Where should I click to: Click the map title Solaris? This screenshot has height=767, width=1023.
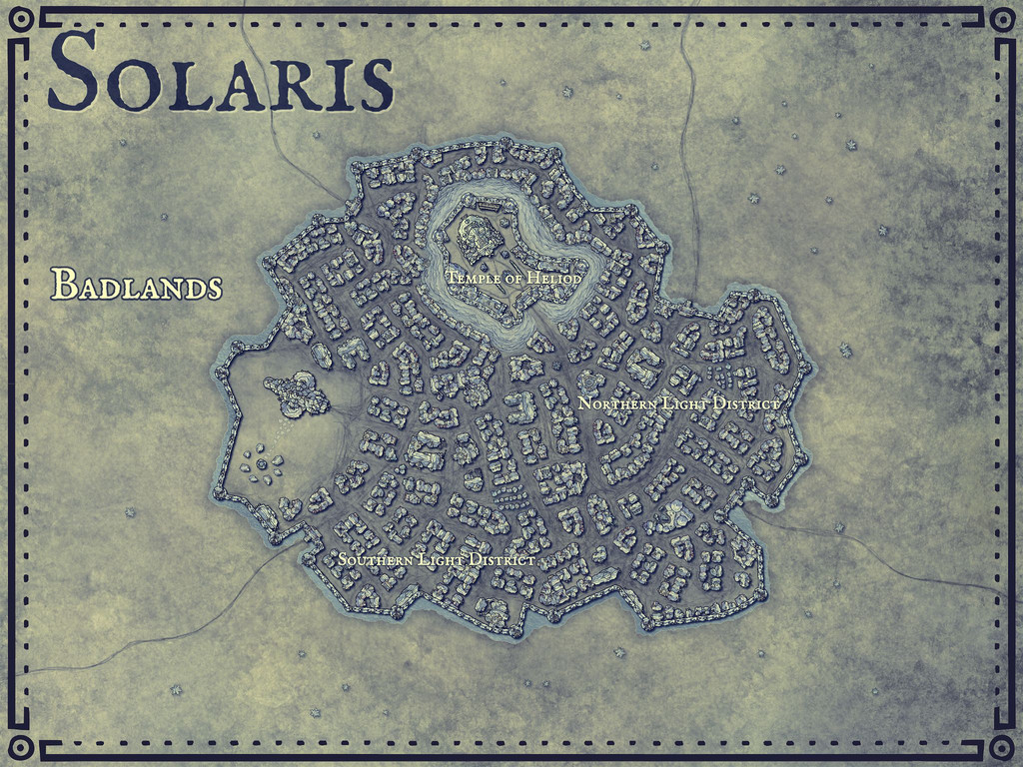(x=220, y=72)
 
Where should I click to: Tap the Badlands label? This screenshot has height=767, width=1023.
(x=136, y=285)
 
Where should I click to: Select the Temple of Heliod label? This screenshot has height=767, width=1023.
(x=513, y=278)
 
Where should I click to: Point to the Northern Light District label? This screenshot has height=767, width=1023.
(x=678, y=403)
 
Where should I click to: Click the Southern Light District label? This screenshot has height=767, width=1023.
(x=436, y=560)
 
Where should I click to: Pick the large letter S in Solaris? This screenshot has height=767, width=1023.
(x=73, y=72)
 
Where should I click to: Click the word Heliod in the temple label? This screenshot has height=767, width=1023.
(x=556, y=278)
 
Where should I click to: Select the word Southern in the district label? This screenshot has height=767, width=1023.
(x=375, y=560)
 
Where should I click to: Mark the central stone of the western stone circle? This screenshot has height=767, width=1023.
(x=262, y=464)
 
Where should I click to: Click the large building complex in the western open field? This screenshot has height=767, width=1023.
(x=298, y=394)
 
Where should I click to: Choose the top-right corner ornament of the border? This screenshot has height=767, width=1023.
(x=1001, y=19)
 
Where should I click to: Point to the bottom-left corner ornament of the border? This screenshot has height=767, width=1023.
(x=21, y=748)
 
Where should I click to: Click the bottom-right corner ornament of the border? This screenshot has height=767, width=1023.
(x=1001, y=748)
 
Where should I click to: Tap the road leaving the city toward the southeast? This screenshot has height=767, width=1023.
(x=879, y=559)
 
